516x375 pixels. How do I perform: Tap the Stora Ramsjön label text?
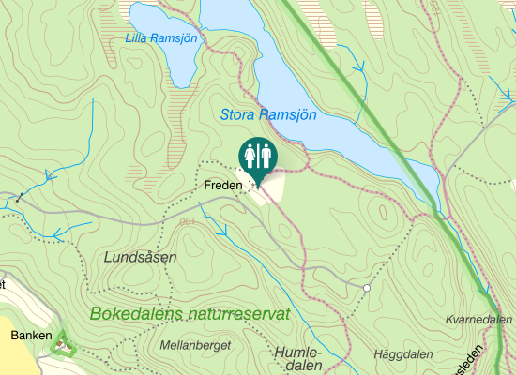[x=268, y=115]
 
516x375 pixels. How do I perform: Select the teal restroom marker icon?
[x=257, y=156]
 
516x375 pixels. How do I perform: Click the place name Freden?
[x=222, y=186]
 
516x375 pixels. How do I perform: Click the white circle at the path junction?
[x=367, y=288]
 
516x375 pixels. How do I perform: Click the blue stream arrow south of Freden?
[x=223, y=228]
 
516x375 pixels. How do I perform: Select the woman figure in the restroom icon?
[x=250, y=152]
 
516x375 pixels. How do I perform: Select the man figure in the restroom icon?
[x=265, y=152]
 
